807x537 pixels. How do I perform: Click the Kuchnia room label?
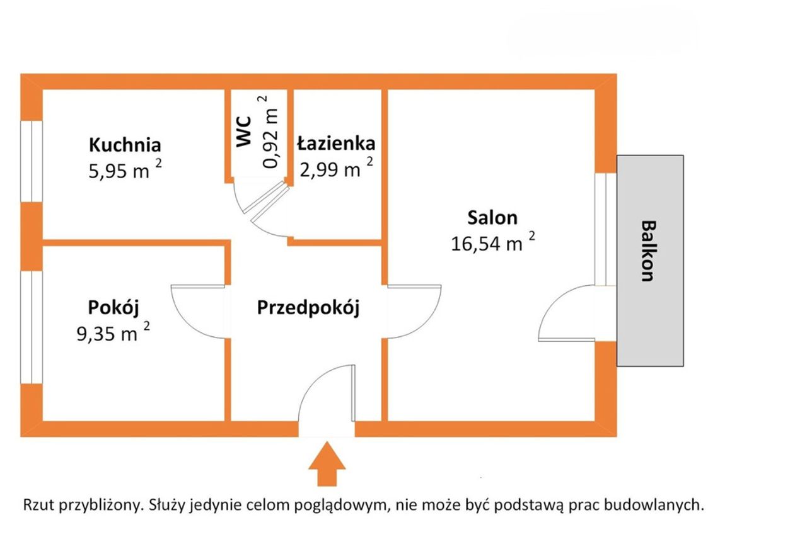click(x=125, y=145)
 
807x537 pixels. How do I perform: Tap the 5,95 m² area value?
click(x=125, y=170)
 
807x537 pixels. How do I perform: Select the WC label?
click(x=244, y=132)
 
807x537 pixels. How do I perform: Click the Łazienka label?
click(x=336, y=143)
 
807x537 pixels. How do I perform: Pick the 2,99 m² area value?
click(x=336, y=167)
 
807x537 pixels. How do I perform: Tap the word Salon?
click(x=492, y=218)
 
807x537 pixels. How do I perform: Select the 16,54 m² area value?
click(x=492, y=242)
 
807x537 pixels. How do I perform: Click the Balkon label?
click(x=649, y=251)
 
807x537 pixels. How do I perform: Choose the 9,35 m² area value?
click(x=113, y=332)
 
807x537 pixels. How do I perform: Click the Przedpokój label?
click(x=308, y=308)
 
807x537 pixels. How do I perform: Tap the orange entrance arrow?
click(x=327, y=463)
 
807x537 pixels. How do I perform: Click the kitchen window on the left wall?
click(x=32, y=161)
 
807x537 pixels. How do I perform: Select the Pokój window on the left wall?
click(x=32, y=327)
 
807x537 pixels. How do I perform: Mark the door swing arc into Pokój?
click(x=187, y=322)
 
